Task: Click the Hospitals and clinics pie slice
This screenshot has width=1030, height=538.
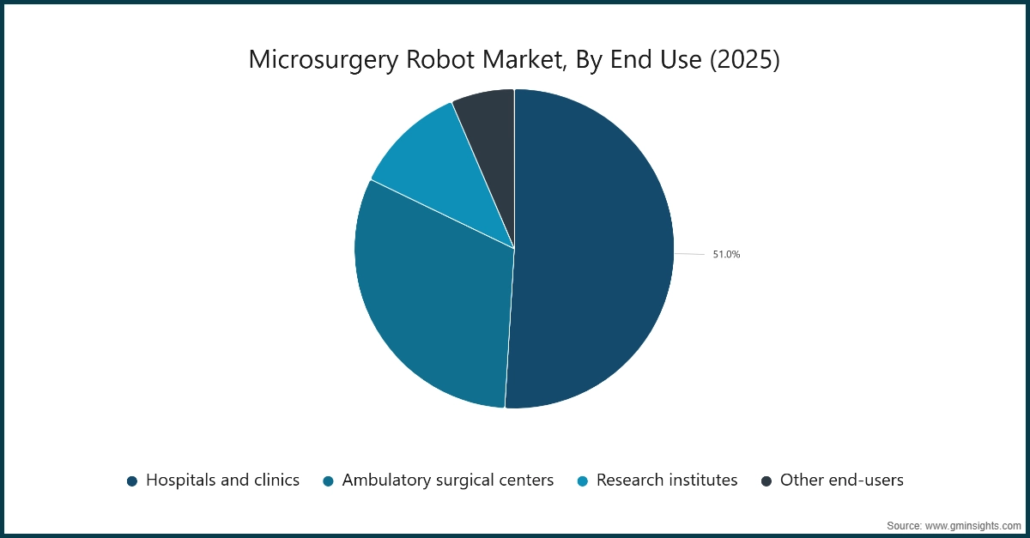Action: pyautogui.click(x=592, y=249)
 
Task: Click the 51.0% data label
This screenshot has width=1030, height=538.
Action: pyautogui.click(x=726, y=255)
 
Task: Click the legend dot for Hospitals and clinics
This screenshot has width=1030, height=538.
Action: pyautogui.click(x=132, y=481)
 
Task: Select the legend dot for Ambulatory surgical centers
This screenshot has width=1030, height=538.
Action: pyautogui.click(x=328, y=481)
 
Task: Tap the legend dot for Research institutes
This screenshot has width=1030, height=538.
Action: pyautogui.click(x=583, y=481)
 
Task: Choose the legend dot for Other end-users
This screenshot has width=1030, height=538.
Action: pyautogui.click(x=766, y=481)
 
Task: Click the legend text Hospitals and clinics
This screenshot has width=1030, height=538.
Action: pyautogui.click(x=222, y=481)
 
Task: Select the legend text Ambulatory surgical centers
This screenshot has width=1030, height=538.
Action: pyautogui.click(x=447, y=481)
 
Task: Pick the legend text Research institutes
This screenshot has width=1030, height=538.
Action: pyautogui.click(x=667, y=481)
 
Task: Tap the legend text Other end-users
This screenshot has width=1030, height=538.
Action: pyautogui.click(x=841, y=481)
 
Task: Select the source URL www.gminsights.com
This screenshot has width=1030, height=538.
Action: pyautogui.click(x=973, y=524)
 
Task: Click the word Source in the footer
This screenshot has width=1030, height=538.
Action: pyautogui.click(x=903, y=524)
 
